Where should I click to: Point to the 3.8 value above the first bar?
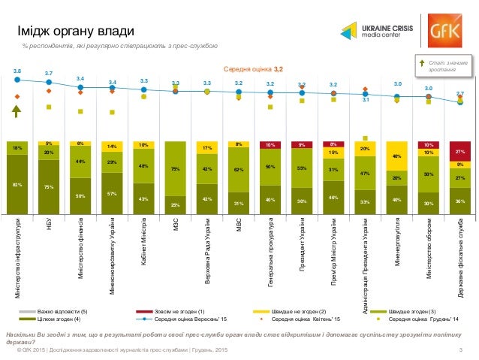(x=17, y=71)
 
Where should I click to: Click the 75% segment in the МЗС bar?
(x=175, y=169)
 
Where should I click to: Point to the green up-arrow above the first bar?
(x=17, y=112)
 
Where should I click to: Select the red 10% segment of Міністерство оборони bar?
(x=428, y=144)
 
